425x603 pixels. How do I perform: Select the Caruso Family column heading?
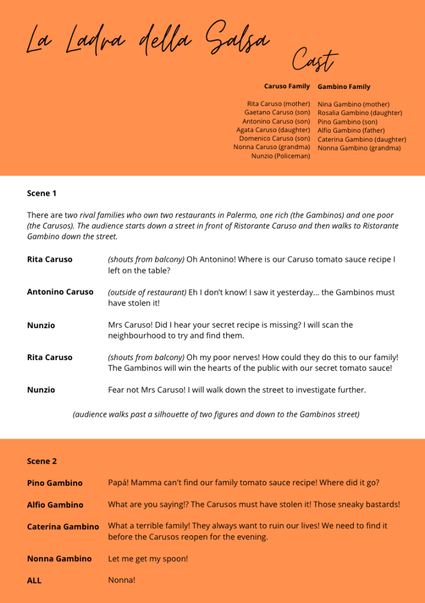click(x=286, y=86)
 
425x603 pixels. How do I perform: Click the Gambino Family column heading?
click(x=344, y=87)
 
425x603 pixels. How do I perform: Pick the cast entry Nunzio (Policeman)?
click(x=281, y=156)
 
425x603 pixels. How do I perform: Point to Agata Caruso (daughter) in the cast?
click(x=273, y=130)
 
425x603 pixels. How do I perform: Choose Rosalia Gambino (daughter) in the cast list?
click(x=360, y=113)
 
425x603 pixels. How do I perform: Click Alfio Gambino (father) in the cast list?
click(x=351, y=130)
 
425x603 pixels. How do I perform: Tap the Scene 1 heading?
click(x=42, y=193)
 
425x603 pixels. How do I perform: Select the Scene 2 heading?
click(x=42, y=461)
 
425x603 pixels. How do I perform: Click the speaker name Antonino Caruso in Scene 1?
click(x=60, y=292)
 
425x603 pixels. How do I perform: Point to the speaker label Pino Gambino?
click(x=55, y=483)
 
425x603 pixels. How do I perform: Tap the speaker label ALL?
click(x=34, y=581)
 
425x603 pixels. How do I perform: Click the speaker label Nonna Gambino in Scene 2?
click(x=59, y=558)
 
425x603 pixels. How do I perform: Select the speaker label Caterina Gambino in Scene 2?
click(x=63, y=526)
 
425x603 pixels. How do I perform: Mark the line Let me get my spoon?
click(x=148, y=558)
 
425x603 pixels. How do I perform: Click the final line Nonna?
click(x=121, y=581)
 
